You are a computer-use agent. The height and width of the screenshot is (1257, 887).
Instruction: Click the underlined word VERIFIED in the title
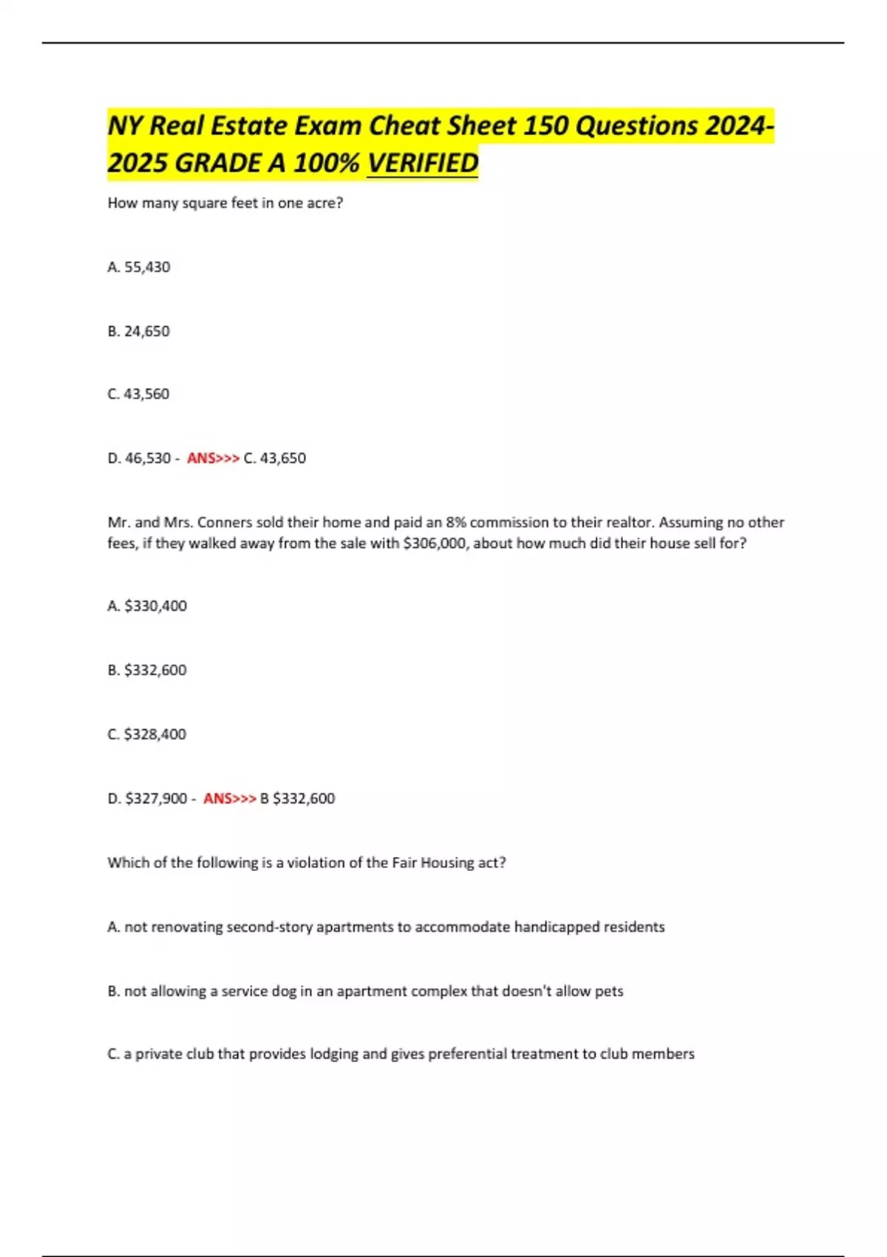pos(423,163)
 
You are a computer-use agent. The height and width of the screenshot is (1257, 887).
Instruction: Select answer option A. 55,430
pos(139,267)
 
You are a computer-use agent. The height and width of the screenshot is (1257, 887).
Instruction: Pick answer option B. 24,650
pos(139,331)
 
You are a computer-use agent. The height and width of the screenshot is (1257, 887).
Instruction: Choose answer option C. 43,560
pos(139,394)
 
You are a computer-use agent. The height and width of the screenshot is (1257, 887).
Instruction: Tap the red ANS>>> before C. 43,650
pos(213,458)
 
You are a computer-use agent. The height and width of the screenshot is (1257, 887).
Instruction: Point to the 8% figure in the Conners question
pos(455,523)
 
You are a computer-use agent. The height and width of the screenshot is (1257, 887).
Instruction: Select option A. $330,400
pos(147,606)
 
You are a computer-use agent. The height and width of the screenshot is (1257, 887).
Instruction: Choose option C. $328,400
pos(147,734)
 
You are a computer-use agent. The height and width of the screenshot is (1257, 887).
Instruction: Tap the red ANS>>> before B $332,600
pos(229,799)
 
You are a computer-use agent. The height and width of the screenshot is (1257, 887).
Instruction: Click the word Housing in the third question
pos(448,863)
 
